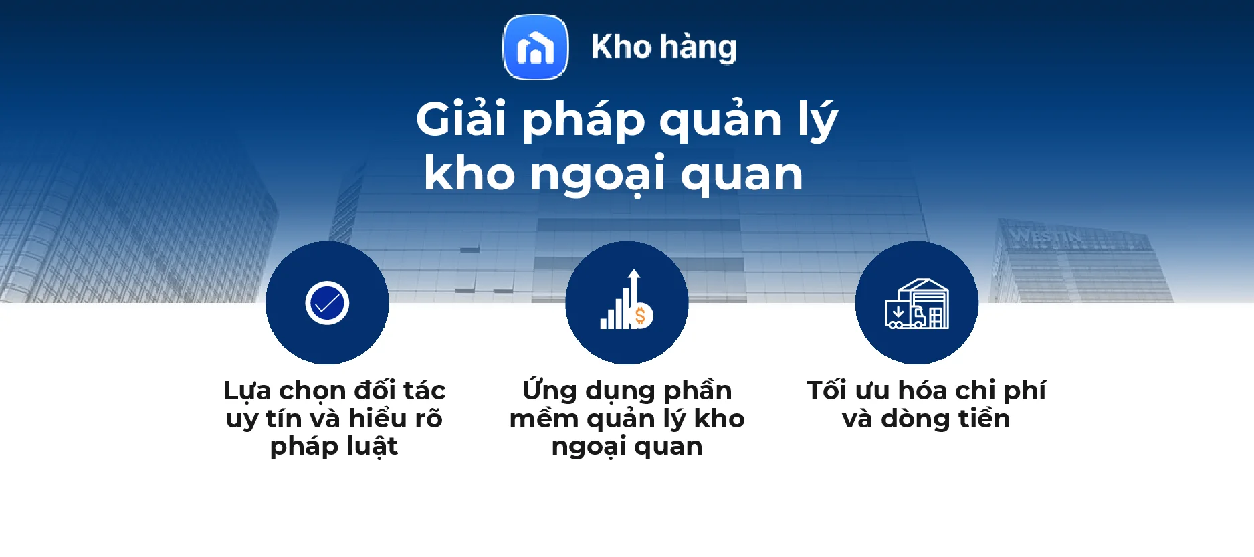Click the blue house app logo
(x=535, y=47)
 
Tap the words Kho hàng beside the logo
(x=663, y=47)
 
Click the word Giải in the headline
(x=461, y=120)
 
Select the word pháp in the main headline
(x=583, y=121)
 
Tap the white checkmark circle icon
(x=327, y=303)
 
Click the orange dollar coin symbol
(x=641, y=316)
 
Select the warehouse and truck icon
(x=917, y=304)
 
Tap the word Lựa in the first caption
(x=247, y=391)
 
